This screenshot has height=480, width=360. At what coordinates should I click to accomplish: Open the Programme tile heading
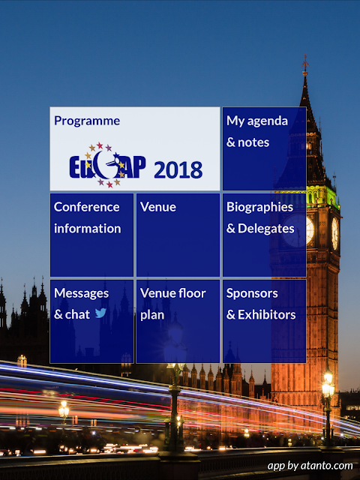coord(87,121)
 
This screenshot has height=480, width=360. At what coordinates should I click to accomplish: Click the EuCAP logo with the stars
coord(107,165)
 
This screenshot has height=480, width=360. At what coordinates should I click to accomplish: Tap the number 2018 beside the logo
coord(178,170)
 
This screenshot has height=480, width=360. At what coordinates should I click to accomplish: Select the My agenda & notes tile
coord(264,148)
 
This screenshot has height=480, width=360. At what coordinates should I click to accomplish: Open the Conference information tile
coord(91,235)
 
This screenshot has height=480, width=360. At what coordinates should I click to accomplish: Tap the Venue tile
coord(178,235)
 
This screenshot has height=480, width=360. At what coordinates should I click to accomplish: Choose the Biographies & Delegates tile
coord(264,235)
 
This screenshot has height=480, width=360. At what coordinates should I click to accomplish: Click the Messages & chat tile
coord(91,321)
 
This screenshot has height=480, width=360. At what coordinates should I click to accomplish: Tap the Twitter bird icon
coord(100,313)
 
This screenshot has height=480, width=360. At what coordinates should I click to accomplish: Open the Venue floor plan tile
coord(178,321)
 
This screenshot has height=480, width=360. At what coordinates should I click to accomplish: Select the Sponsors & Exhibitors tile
coord(264,321)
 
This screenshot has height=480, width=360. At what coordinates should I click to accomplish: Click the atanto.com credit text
coord(310,466)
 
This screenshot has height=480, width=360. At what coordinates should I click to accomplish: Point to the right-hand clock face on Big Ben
coord(335,233)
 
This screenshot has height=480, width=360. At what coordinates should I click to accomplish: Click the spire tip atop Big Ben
coord(305,55)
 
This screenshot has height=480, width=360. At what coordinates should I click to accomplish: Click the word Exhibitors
coord(267,315)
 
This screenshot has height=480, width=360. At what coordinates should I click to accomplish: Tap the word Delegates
coord(266,229)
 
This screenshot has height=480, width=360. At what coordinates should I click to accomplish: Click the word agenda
coord(268,121)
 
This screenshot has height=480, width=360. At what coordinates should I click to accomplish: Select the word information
coord(88,229)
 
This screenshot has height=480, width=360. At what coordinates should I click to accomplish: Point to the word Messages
coord(82,293)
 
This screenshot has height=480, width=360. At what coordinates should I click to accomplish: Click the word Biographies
coord(260,208)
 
